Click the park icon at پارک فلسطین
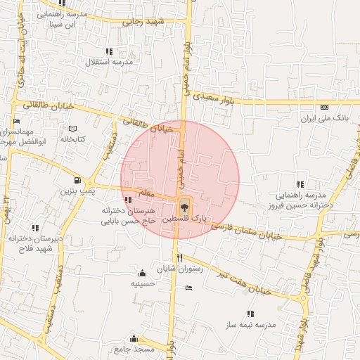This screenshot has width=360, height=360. tap(184, 206)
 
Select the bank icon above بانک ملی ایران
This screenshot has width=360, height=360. tap(324, 107)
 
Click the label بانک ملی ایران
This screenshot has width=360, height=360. tap(325, 118)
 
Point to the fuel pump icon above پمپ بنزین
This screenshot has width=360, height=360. tap(86, 180)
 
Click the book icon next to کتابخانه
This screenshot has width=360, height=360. tap(72, 129)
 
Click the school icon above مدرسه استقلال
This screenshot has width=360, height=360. tap(109, 51)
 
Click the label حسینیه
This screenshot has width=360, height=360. tap(143, 284)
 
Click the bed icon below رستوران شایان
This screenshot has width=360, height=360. tap(188, 287)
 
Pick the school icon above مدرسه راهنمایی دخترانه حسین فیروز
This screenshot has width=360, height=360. tap(302, 184)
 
